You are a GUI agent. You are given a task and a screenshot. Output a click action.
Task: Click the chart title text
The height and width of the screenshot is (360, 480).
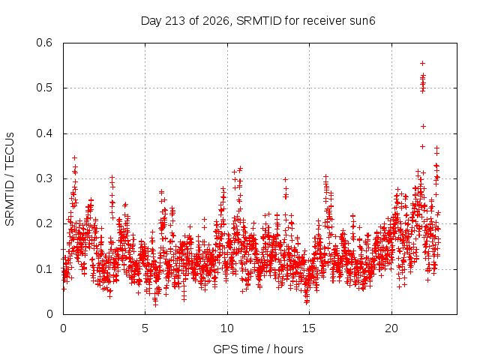click(x=258, y=21)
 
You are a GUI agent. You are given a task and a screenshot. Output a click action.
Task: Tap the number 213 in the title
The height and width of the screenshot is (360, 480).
click(x=175, y=21)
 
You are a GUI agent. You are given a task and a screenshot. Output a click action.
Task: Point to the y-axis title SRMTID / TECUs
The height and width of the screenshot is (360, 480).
click(x=10, y=179)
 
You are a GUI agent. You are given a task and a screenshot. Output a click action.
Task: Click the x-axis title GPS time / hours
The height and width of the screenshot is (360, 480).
click(x=258, y=349)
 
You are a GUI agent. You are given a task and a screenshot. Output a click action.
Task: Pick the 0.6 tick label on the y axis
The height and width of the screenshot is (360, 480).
click(x=44, y=43)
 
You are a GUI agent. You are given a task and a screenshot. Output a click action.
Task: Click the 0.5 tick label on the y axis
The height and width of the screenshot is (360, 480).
click(x=44, y=88)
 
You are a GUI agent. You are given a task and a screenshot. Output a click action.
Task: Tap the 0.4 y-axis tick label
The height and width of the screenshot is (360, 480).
click(x=44, y=133)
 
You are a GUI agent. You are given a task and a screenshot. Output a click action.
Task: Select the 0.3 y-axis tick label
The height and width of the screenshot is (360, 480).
click(x=44, y=178)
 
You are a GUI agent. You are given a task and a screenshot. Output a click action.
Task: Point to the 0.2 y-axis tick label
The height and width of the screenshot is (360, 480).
click(x=44, y=223)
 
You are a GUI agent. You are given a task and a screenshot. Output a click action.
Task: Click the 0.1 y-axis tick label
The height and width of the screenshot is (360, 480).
click(x=44, y=269)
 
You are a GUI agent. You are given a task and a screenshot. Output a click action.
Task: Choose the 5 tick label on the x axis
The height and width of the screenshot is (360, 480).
click(x=145, y=328)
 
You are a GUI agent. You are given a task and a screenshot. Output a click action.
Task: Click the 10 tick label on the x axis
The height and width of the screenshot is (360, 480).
click(x=227, y=328)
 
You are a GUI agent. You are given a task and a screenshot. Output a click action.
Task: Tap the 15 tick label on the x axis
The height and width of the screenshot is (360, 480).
click(x=309, y=328)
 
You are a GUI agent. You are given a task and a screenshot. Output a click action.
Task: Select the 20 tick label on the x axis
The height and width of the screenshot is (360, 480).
click(x=391, y=328)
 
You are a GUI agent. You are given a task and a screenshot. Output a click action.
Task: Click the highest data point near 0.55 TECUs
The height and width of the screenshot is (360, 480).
click(x=423, y=63)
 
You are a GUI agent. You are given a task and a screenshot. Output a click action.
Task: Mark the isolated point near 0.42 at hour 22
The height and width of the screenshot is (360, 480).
click(x=423, y=126)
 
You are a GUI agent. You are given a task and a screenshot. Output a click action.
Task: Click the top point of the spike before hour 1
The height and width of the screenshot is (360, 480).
click(x=74, y=157)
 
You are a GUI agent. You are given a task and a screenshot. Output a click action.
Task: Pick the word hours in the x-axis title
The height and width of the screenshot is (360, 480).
click(x=288, y=349)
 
